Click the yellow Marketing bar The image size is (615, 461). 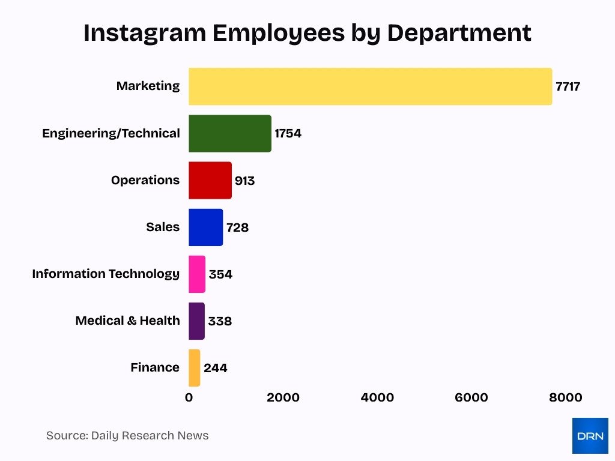[370, 86]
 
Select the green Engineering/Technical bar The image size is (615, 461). [229, 133]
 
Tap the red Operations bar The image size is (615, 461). [210, 180]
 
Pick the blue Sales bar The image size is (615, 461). [205, 227]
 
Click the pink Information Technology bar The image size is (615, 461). [197, 274]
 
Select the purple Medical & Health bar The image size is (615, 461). [196, 321]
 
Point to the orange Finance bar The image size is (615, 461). [194, 367]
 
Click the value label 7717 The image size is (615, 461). [568, 86]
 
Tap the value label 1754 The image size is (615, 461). [288, 133]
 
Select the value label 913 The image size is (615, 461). [244, 180]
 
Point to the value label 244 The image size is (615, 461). [215, 368]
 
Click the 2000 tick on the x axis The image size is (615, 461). [283, 397]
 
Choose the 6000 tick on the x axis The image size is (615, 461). [471, 397]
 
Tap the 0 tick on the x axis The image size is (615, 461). [189, 397]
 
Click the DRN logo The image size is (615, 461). [590, 436]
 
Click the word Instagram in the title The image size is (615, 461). [144, 33]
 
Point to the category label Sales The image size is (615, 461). [163, 227]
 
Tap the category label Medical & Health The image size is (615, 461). [127, 321]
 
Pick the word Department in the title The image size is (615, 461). [459, 33]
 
